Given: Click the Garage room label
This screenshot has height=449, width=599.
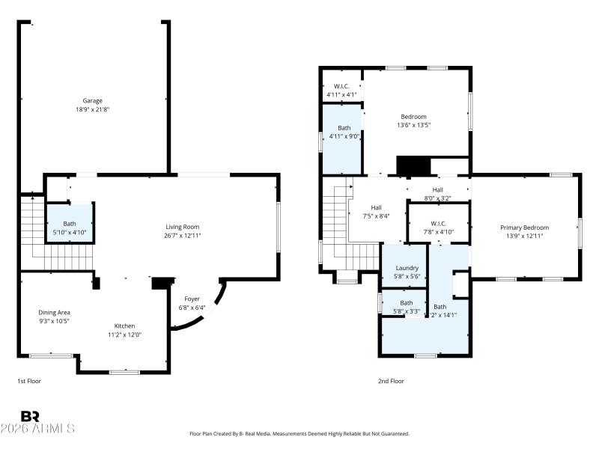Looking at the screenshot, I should (93, 100).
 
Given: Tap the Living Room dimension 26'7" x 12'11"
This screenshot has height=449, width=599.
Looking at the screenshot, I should (182, 236).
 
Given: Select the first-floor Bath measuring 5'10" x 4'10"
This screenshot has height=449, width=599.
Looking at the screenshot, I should (70, 228).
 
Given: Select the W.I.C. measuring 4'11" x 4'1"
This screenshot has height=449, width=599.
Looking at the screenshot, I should (341, 90).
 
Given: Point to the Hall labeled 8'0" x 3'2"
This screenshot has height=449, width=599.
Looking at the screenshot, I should (438, 194).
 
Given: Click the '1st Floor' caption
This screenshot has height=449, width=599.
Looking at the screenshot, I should (29, 381).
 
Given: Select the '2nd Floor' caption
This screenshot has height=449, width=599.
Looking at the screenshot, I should (391, 381).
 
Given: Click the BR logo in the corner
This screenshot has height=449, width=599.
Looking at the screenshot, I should (31, 416).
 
